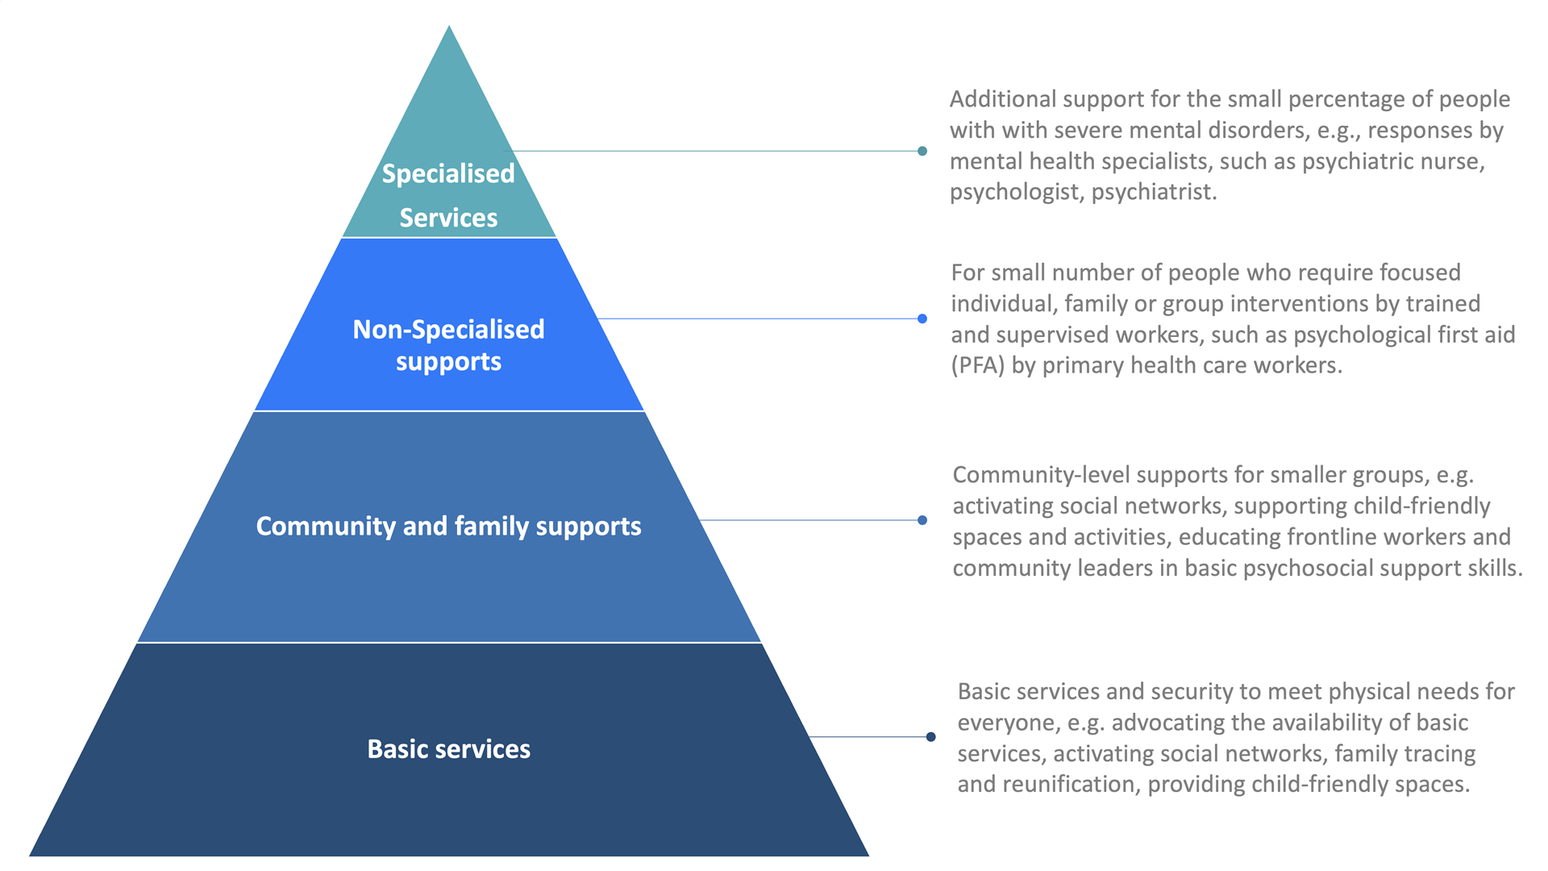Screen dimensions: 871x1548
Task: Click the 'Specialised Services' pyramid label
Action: click(x=448, y=195)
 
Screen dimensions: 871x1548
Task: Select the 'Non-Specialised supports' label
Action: click(x=448, y=345)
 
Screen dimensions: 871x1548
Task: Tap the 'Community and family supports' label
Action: click(x=448, y=526)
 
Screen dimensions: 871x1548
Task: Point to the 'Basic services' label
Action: click(x=448, y=749)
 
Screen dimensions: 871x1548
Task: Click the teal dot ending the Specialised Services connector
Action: click(x=922, y=151)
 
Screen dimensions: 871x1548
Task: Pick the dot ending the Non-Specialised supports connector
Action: click(x=922, y=319)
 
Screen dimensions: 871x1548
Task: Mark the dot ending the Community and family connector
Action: click(x=922, y=520)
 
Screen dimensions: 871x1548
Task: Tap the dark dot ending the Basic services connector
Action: click(x=930, y=736)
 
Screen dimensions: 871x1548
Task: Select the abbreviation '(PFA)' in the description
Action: click(x=978, y=365)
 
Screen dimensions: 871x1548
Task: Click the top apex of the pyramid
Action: click(x=449, y=28)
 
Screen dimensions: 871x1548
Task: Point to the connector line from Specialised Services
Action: click(x=718, y=151)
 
